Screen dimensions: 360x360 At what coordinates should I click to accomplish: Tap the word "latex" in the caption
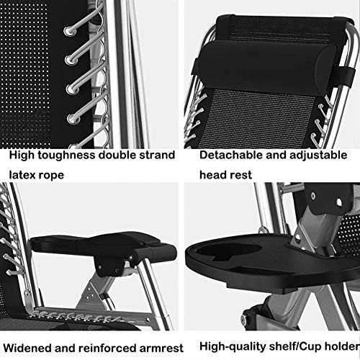22,175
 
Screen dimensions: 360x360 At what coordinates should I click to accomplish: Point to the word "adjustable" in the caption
318,156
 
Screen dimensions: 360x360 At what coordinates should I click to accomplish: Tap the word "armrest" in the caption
161,348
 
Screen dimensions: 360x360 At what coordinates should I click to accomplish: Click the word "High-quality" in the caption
233,347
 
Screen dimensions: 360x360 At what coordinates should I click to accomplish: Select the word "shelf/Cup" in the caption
295,347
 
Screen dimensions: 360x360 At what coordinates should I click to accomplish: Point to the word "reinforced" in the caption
107,348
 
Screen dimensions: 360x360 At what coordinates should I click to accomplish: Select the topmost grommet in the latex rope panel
68,31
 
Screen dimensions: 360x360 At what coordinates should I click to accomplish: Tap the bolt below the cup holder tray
245,318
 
